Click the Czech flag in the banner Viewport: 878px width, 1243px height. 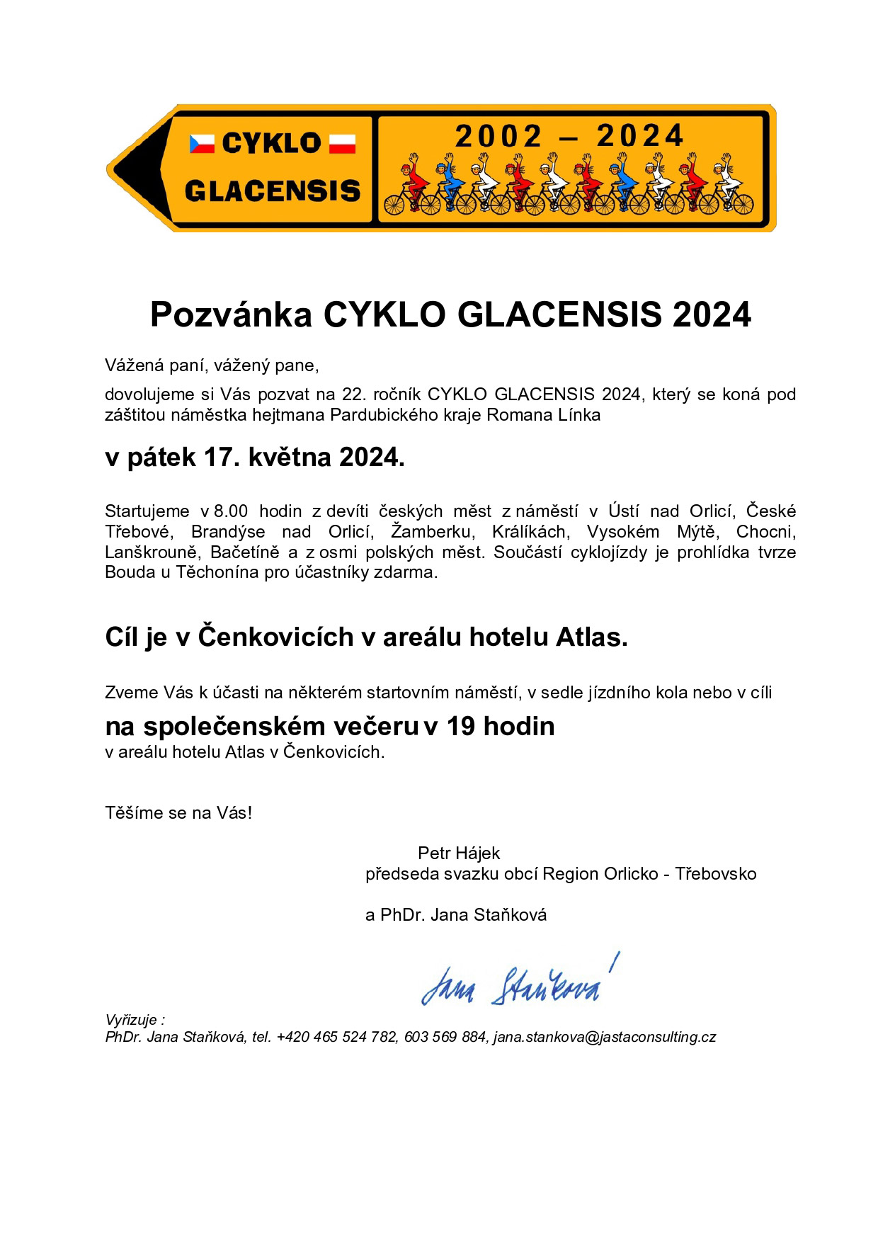tap(201, 144)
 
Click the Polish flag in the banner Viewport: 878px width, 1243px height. tap(342, 144)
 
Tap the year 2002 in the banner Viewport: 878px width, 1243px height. tap(498, 136)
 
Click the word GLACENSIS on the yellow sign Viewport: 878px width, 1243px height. tap(272, 191)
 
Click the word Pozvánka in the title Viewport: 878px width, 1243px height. tap(231, 314)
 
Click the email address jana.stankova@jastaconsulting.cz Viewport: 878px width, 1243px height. tap(605, 1037)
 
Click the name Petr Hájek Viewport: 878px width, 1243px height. tap(459, 853)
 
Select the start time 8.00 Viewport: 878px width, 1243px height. tap(231, 511)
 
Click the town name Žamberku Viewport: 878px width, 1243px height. tap(431, 532)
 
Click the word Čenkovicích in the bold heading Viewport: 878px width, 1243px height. tap(275, 637)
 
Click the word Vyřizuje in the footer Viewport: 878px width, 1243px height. tap(132, 1020)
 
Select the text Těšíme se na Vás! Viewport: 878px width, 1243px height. tap(178, 812)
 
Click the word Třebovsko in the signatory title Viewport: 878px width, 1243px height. tap(715, 874)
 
